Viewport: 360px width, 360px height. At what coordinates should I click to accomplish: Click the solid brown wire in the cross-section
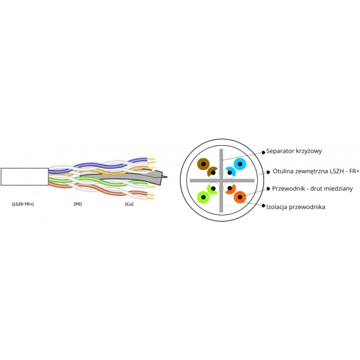204,164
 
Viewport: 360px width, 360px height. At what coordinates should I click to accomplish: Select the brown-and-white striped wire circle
213,173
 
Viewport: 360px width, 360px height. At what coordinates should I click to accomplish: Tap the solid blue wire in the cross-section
240,164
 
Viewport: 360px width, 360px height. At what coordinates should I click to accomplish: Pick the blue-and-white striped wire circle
230,173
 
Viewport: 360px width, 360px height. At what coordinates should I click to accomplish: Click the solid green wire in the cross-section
204,197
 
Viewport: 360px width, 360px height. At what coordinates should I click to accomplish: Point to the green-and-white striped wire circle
213,189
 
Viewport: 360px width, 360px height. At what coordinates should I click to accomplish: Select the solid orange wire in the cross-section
240,197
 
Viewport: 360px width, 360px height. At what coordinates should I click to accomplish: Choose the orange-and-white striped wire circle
230,189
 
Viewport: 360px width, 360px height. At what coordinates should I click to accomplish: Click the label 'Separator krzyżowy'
294,151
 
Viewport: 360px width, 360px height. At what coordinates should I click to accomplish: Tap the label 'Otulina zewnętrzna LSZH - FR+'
316,171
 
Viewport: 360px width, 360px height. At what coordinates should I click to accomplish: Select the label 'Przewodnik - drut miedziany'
312,189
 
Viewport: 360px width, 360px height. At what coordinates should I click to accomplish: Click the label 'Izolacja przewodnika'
296,207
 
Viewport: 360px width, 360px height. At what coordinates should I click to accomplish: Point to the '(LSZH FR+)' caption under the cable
23,204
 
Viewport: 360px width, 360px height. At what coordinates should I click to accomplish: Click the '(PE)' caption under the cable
78,204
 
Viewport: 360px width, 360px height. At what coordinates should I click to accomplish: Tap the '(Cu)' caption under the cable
129,204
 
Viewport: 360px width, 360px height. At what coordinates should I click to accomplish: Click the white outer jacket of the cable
25,177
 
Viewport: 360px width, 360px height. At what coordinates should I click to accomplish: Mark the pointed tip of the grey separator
167,177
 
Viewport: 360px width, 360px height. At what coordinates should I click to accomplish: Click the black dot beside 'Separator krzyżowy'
263,152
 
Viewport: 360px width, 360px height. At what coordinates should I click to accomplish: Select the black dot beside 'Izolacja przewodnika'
263,206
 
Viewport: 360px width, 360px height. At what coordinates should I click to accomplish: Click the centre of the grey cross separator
222,181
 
